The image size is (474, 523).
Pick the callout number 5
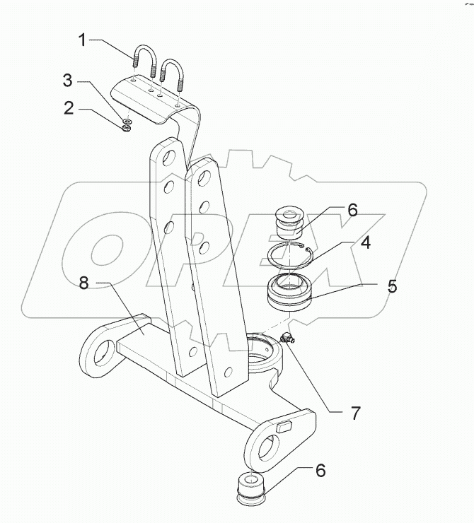coord(391,286)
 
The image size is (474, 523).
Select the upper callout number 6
coord(352,210)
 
